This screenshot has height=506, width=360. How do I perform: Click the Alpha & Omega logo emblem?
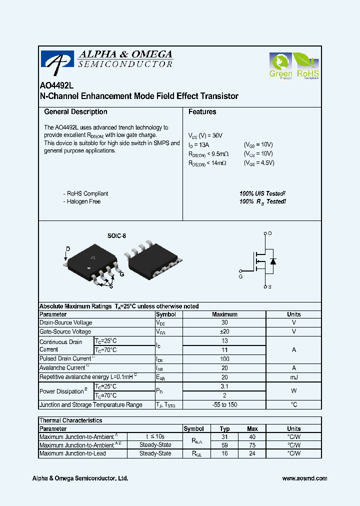(x=57, y=61)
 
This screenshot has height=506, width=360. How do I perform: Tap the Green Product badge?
(x=280, y=66)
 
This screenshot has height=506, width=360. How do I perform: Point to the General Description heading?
(x=75, y=112)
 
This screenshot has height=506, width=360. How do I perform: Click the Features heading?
(x=202, y=112)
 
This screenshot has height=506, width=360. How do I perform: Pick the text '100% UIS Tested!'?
(x=262, y=193)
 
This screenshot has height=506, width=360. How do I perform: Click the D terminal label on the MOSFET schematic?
(x=270, y=233)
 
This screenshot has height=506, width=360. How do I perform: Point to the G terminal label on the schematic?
(x=240, y=276)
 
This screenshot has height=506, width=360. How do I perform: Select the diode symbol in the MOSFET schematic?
(x=273, y=261)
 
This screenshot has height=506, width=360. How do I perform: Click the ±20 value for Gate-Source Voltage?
(x=224, y=331)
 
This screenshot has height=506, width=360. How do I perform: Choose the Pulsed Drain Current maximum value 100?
(x=224, y=359)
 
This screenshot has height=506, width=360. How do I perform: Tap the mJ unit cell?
(x=293, y=377)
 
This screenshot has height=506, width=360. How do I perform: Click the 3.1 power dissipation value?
(x=224, y=386)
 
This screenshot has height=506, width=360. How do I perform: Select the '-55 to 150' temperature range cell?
(x=224, y=405)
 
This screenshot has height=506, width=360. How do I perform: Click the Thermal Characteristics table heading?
(x=70, y=421)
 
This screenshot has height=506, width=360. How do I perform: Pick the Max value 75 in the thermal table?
(x=252, y=445)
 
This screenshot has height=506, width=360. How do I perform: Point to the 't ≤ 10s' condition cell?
(x=154, y=436)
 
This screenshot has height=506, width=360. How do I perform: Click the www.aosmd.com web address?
(x=304, y=478)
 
